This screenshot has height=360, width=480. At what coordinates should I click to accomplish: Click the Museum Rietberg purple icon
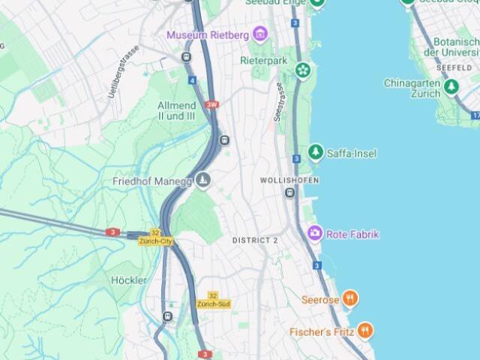pos(260,34)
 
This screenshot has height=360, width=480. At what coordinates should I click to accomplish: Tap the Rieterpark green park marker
pos(302,70)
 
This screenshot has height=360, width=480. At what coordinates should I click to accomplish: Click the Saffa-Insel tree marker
pos(316,153)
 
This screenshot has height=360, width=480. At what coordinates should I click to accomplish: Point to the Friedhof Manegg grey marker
pos(203,181)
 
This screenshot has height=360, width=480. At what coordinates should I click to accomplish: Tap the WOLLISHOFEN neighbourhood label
pos(289,181)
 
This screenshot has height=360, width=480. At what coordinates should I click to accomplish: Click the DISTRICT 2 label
pos(255,240)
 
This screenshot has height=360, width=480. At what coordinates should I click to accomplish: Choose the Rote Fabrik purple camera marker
pos(315,234)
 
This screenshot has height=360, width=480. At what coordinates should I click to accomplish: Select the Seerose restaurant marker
pos(349,300)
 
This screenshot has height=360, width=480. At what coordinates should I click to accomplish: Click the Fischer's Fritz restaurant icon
pos(364,330)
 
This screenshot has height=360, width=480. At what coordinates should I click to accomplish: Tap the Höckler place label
pos(128,280)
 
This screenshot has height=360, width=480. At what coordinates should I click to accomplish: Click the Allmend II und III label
pos(177,111)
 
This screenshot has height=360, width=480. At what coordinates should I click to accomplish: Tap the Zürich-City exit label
pos(156,241)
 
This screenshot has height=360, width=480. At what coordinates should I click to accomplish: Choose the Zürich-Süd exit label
pos(213,304)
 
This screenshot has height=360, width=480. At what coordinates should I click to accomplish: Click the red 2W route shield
pos(212,105)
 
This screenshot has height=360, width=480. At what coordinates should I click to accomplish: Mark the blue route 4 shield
pos(193,79)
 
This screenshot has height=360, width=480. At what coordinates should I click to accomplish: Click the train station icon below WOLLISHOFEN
pos(289,193)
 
